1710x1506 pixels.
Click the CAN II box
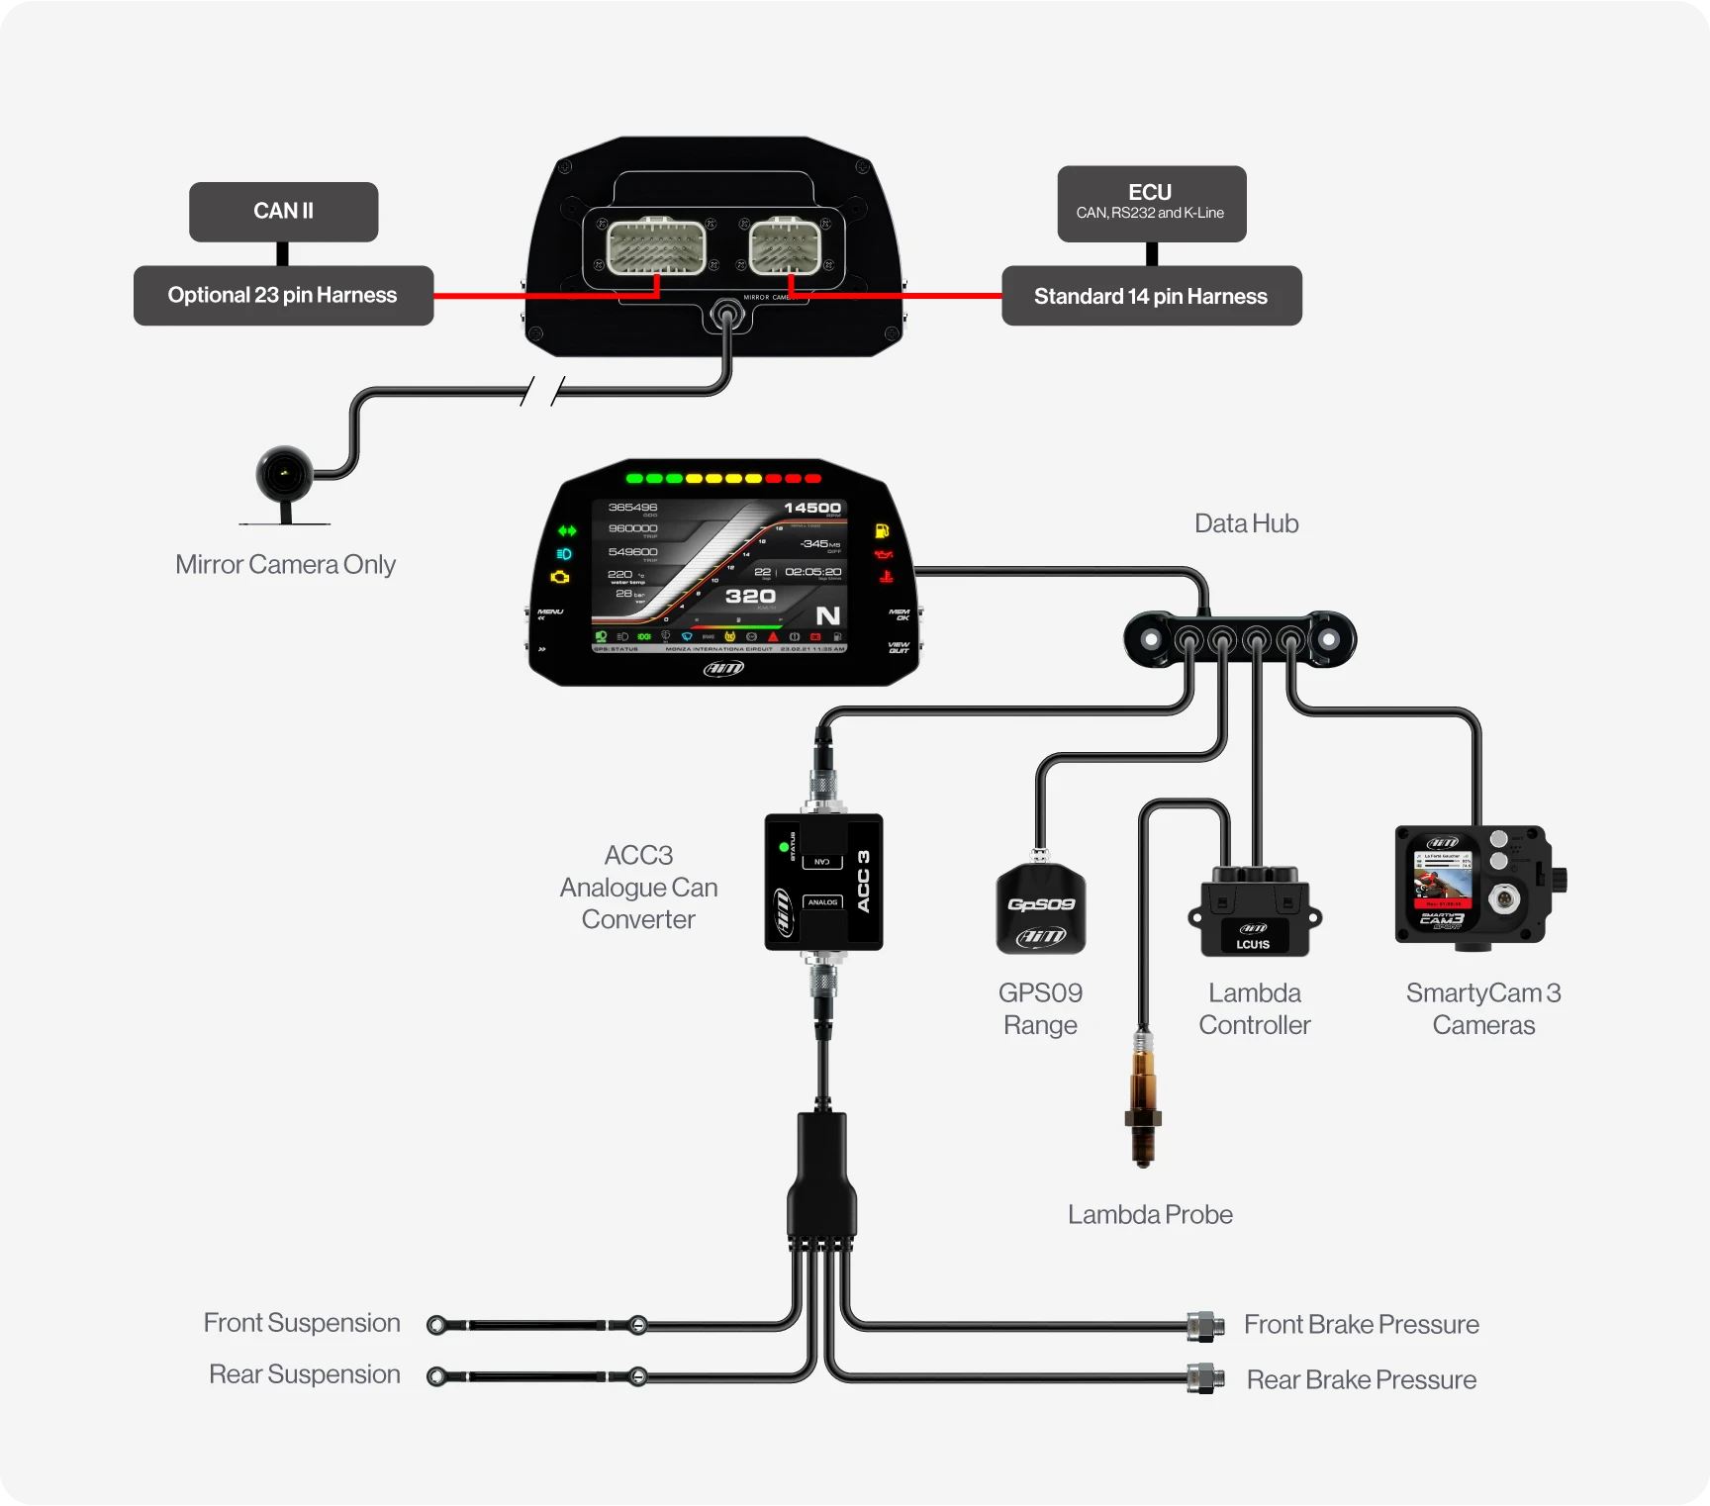[x=283, y=212]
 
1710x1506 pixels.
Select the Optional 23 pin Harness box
[x=283, y=296]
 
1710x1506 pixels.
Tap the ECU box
[x=1151, y=203]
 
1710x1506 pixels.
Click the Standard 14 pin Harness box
[x=1151, y=296]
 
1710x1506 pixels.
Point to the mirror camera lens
[x=285, y=474]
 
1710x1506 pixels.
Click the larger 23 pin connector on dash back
[x=655, y=246]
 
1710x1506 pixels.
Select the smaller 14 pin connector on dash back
[x=785, y=246]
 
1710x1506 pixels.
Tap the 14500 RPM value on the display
[x=811, y=509]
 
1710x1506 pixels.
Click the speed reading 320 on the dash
[x=750, y=596]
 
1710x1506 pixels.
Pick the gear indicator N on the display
[x=827, y=615]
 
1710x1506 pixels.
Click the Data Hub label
[x=1246, y=523]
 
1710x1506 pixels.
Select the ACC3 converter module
[x=823, y=882]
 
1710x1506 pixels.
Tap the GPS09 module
[x=1040, y=909]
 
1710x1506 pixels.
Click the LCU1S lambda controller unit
[x=1254, y=913]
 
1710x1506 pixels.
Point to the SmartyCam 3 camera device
[x=1473, y=884]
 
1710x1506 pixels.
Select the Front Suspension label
[x=302, y=1323]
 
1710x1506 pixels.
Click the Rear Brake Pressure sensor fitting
[x=1204, y=1377]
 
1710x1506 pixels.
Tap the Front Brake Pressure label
[x=1361, y=1324]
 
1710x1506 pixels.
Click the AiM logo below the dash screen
[x=723, y=669]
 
